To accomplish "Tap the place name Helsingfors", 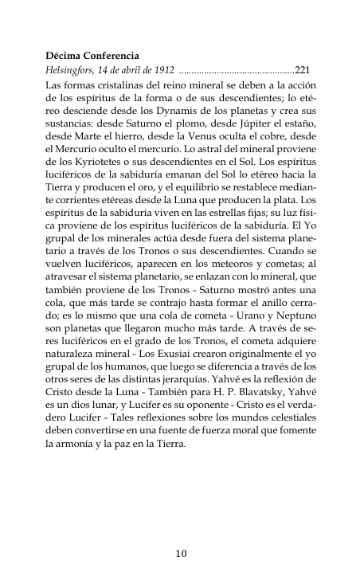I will (74, 70).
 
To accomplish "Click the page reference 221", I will (303, 70).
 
